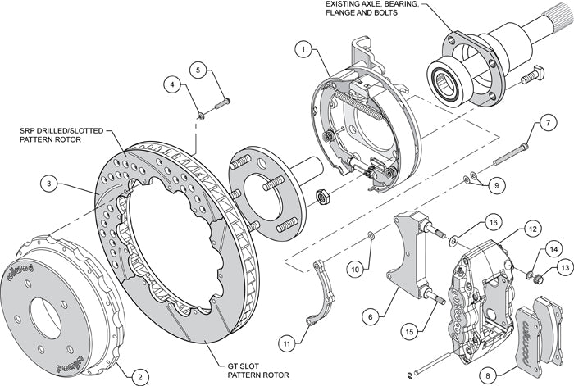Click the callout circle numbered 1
(304, 51)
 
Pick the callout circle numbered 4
(173, 84)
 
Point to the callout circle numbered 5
(198, 70)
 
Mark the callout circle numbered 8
(489, 375)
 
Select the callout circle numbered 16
(492, 221)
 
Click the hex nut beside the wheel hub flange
(322, 196)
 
